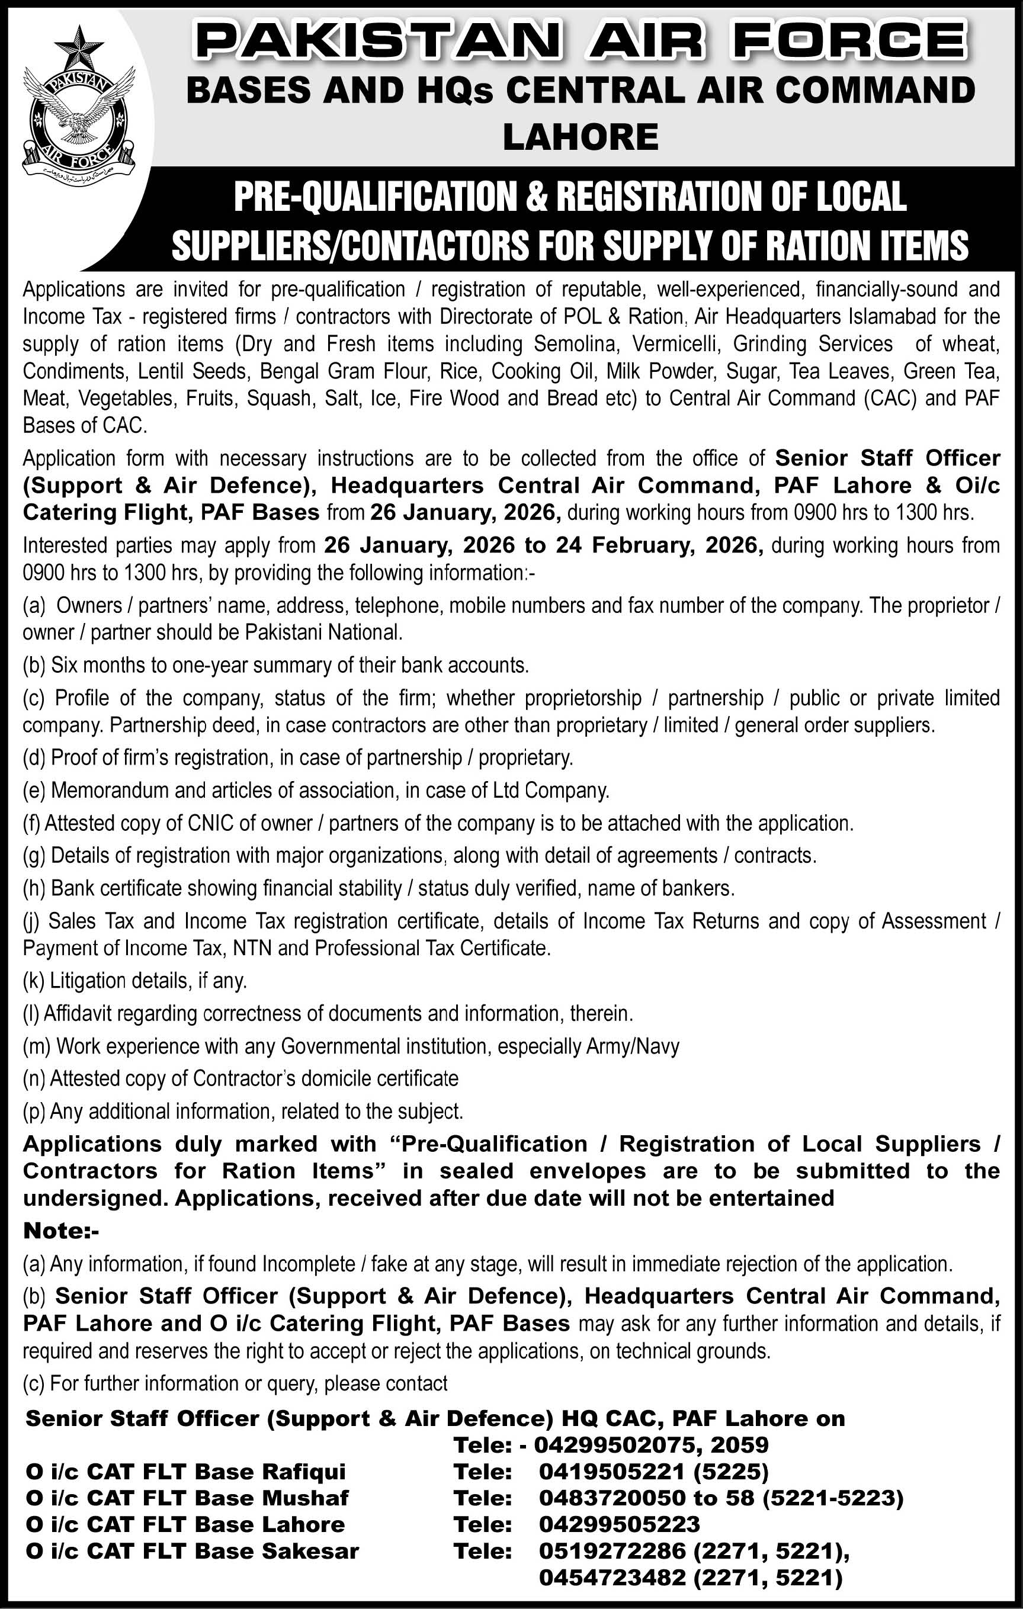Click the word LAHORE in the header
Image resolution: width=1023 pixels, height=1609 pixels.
[580, 137]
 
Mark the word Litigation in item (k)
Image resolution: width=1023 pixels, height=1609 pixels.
[88, 980]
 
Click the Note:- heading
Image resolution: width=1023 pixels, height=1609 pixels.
[61, 1230]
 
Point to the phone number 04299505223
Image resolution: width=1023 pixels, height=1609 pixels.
[620, 1524]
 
